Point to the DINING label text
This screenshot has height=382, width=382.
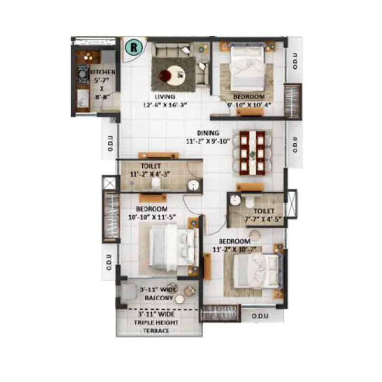[x=208, y=133]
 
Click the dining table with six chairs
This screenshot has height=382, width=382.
[x=252, y=152]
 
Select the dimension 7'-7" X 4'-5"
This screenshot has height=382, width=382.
[x=263, y=220]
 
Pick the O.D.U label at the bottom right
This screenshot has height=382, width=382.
[x=261, y=316]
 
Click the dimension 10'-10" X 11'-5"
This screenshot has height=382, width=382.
[x=151, y=217]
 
